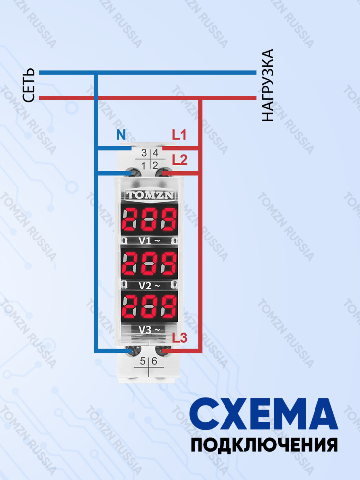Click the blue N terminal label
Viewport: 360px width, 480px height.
click(121, 135)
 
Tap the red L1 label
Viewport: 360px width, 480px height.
click(179, 135)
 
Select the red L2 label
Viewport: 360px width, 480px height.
click(180, 160)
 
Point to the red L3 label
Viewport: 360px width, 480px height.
click(180, 338)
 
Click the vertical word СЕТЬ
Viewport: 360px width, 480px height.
click(28, 85)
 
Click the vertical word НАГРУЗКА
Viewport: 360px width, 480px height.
click(268, 86)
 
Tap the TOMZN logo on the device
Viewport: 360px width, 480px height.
click(149, 195)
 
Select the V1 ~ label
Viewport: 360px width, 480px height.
click(149, 241)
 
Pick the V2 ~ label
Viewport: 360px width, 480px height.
click(149, 286)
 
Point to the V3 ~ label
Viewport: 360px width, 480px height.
click(149, 330)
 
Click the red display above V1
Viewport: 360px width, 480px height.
click(149, 220)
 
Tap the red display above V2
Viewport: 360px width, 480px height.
click(149, 264)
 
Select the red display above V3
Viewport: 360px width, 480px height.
click(149, 307)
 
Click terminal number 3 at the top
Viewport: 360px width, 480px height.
click(144, 153)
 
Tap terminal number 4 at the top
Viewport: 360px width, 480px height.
click(155, 153)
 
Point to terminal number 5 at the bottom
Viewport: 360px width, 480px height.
click(143, 361)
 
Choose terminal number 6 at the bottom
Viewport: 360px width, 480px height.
click(154, 361)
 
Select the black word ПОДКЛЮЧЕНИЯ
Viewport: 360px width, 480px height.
click(264, 444)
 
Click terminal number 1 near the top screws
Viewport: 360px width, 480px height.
click(144, 166)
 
